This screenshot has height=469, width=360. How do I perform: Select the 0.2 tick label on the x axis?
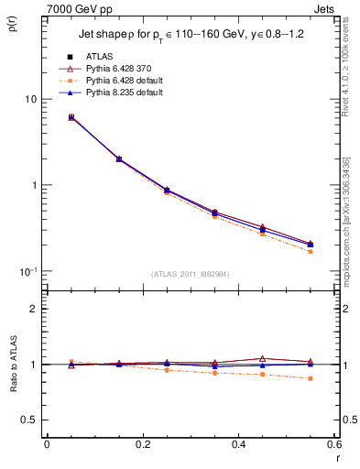(142, 445)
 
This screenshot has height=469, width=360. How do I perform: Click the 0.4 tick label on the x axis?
(238, 445)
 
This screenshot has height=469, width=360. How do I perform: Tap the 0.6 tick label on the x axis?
(333, 445)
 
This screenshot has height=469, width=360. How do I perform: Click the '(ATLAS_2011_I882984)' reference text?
(190, 273)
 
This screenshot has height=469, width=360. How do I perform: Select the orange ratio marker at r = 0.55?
(311, 378)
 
